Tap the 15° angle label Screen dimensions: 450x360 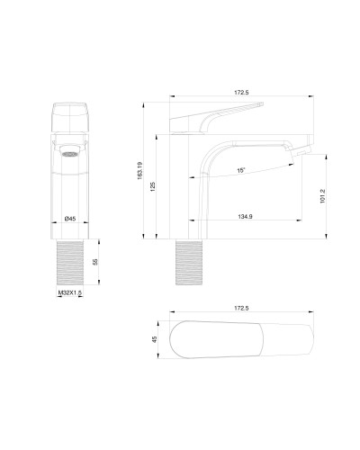coord(242,169)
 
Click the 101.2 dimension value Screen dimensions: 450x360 coord(322,195)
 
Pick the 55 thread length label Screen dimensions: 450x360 coord(96,263)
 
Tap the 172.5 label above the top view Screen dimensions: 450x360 coord(241,308)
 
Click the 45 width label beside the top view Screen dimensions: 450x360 coord(154,339)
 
